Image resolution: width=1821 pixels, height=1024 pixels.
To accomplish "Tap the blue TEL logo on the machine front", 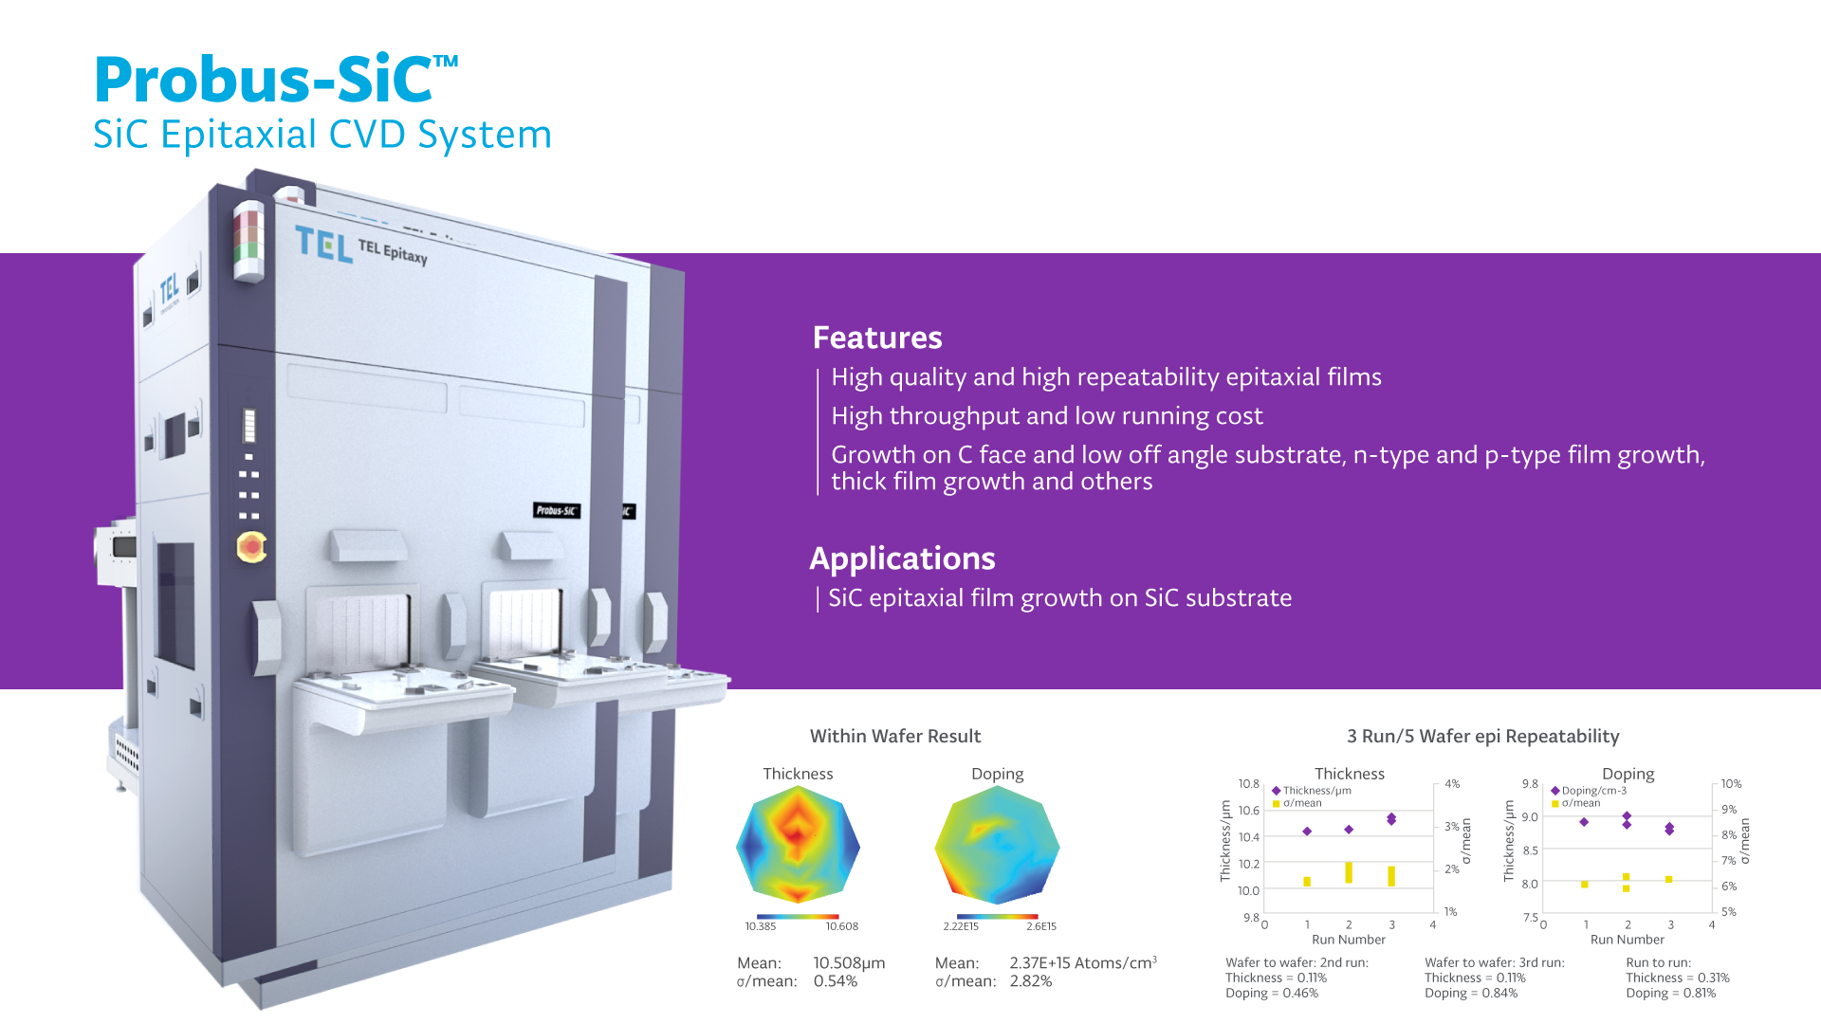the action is coord(323,245).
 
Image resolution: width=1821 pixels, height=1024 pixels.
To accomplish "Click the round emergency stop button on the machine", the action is coord(250,547).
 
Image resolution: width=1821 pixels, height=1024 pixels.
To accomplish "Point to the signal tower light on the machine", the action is coord(248,241).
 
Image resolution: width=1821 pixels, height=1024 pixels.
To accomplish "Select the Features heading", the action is coord(877,338).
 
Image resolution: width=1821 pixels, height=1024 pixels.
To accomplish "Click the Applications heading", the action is coord(902,558).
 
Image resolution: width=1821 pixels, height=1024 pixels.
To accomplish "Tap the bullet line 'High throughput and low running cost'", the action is coord(1047,416).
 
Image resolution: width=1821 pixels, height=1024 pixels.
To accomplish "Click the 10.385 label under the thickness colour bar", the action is coord(761,926).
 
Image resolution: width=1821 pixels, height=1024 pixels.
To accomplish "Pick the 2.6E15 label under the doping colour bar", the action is coord(1041,926).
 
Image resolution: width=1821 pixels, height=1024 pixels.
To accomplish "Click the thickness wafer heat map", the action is coord(798,845).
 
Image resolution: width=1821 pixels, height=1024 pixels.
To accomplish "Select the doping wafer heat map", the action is coord(997,845).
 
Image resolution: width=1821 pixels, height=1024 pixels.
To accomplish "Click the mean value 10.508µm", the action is coord(849,963).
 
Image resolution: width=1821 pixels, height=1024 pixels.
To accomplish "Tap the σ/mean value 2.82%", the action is coord(1031,981).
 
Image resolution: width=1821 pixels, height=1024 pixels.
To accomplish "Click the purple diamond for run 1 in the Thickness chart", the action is coord(1307,832).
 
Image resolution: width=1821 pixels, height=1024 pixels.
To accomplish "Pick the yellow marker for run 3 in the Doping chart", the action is coord(1668,879).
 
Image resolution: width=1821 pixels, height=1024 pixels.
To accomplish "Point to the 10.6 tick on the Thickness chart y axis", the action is coord(1249,811).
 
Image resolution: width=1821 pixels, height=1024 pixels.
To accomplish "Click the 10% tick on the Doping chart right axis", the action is coord(1732,784).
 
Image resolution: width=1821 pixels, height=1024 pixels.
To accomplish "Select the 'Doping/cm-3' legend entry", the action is coord(1589,791).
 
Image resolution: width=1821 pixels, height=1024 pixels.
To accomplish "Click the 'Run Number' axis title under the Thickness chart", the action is coord(1349,940).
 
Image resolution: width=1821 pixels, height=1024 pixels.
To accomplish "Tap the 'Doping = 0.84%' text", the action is coord(1471,993).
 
